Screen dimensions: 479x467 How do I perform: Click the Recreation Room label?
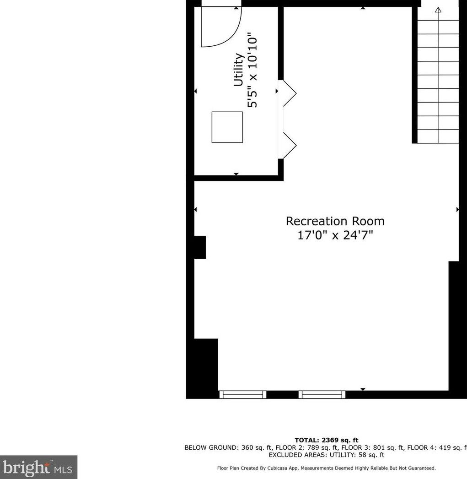335,221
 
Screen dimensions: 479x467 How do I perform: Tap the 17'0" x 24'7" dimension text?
335,235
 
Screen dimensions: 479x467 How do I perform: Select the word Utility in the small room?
238,70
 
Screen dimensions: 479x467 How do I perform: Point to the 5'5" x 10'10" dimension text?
253,70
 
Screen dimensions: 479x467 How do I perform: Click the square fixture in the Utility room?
227,127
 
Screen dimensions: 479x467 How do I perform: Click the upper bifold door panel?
290,93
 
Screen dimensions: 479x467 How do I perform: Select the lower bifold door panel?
290,146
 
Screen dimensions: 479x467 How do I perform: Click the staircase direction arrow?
438,10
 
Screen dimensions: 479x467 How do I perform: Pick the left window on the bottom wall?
242,394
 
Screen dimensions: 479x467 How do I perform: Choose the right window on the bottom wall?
322,394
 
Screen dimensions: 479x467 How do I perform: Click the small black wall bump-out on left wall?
200,247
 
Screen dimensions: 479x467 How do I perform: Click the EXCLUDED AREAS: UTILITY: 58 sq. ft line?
326,455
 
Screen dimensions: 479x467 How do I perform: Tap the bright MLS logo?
38,467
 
